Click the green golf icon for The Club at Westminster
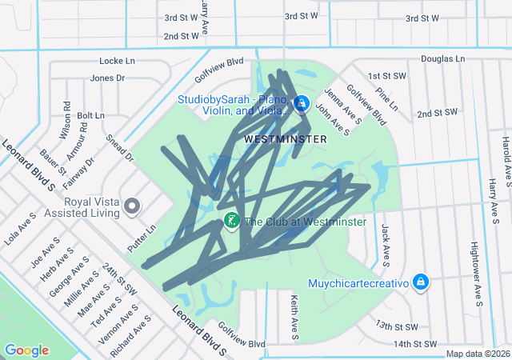tap(232, 220)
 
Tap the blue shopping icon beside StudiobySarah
tap(302, 104)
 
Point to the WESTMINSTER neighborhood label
tap(286, 139)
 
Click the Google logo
tap(26, 350)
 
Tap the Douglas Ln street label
tap(442, 58)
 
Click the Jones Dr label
tap(108, 78)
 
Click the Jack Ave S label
tap(385, 244)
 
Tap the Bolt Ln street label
tap(91, 116)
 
